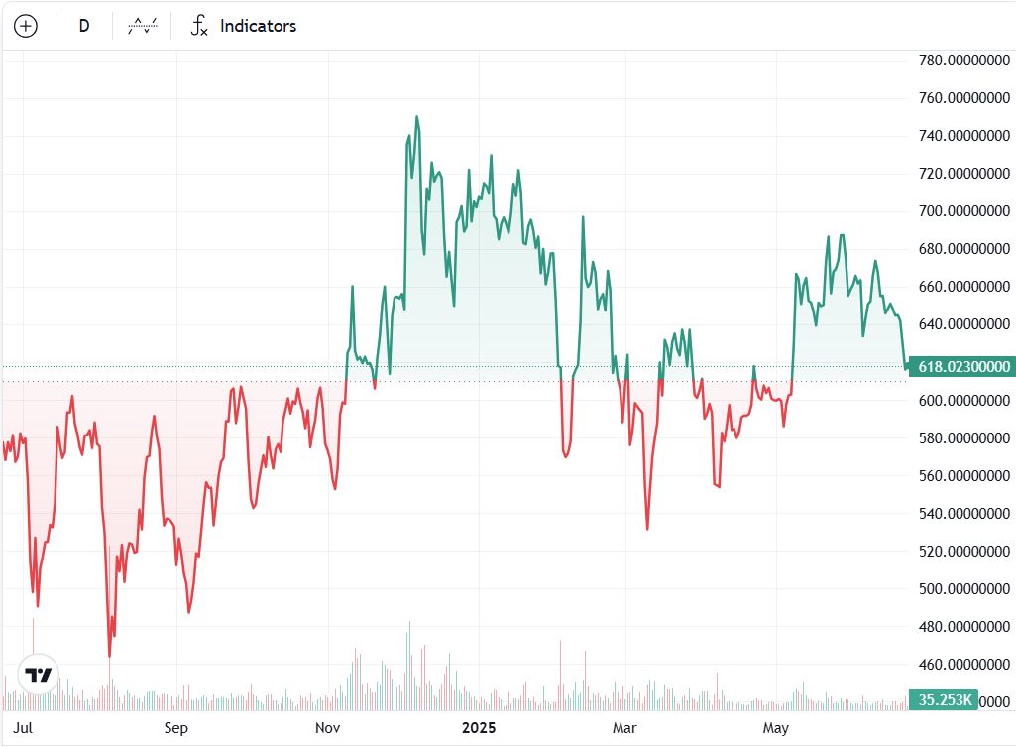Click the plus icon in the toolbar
pos(26,26)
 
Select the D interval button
pos(84,26)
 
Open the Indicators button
pos(244,26)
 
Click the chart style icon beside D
pos(142,26)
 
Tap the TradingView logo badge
pos(38,676)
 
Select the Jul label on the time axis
pos(25,729)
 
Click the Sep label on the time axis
pos(175,729)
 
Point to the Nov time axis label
pos(328,729)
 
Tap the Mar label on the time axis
pos(624,729)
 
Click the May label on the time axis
pos(776,729)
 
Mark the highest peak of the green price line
pos(416,116)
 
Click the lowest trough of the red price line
pos(109,656)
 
